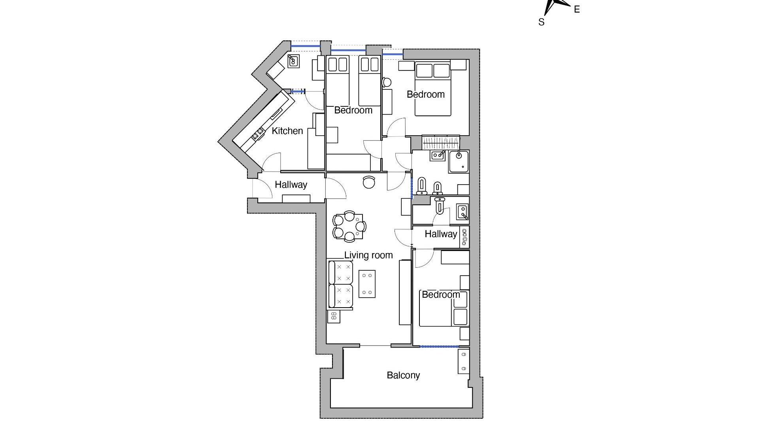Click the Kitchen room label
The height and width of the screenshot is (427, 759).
coord(287,131)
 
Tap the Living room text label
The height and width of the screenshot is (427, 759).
coord(368,255)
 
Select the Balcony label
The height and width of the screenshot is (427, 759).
coord(403,375)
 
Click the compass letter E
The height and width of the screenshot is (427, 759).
coord(577,9)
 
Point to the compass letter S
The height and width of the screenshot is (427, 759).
coord(541,22)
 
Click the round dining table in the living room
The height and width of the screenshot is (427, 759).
coord(349,226)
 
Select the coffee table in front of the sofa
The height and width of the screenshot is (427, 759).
coord(367,284)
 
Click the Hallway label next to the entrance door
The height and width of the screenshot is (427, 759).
coord(291,185)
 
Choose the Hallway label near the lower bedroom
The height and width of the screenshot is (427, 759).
coord(441,234)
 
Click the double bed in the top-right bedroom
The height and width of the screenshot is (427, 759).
coord(433,88)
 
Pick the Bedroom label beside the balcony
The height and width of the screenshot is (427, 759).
coord(441,295)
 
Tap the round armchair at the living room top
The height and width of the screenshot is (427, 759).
coord(369,182)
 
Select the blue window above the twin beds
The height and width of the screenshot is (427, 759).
coord(348,51)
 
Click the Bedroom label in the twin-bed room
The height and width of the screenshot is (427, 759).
coord(353,110)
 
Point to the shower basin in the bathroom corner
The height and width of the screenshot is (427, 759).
coord(459,161)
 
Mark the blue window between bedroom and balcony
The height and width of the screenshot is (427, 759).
coord(439,347)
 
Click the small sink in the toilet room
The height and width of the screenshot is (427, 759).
coord(462,212)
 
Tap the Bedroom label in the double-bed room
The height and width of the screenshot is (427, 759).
coord(426,94)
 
